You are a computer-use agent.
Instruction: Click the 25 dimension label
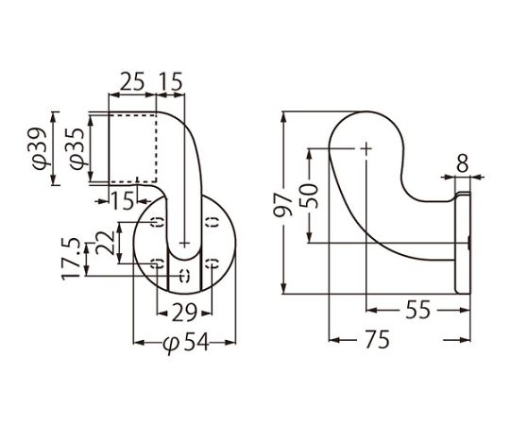point(132,81)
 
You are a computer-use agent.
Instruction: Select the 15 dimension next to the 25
point(171,81)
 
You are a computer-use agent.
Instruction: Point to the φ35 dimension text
point(77,148)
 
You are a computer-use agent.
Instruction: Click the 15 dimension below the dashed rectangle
point(122,200)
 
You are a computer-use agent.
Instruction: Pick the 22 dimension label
point(105,243)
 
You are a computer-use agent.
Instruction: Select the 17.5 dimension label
point(71,259)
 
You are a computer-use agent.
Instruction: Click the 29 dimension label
point(184,313)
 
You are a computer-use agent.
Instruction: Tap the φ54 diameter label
point(185,343)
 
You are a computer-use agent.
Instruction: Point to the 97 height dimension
point(282,205)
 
